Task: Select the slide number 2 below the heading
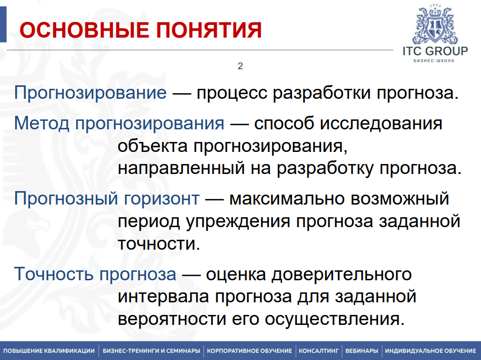click(240, 66)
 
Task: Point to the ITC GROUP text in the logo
click(435, 51)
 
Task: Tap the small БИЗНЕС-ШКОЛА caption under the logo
click(434, 61)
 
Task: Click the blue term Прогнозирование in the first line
click(90, 93)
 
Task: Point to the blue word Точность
click(54, 274)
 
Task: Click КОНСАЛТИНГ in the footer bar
click(319, 350)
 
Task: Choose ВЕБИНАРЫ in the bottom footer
click(362, 350)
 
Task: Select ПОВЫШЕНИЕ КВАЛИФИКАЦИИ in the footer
click(49, 350)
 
